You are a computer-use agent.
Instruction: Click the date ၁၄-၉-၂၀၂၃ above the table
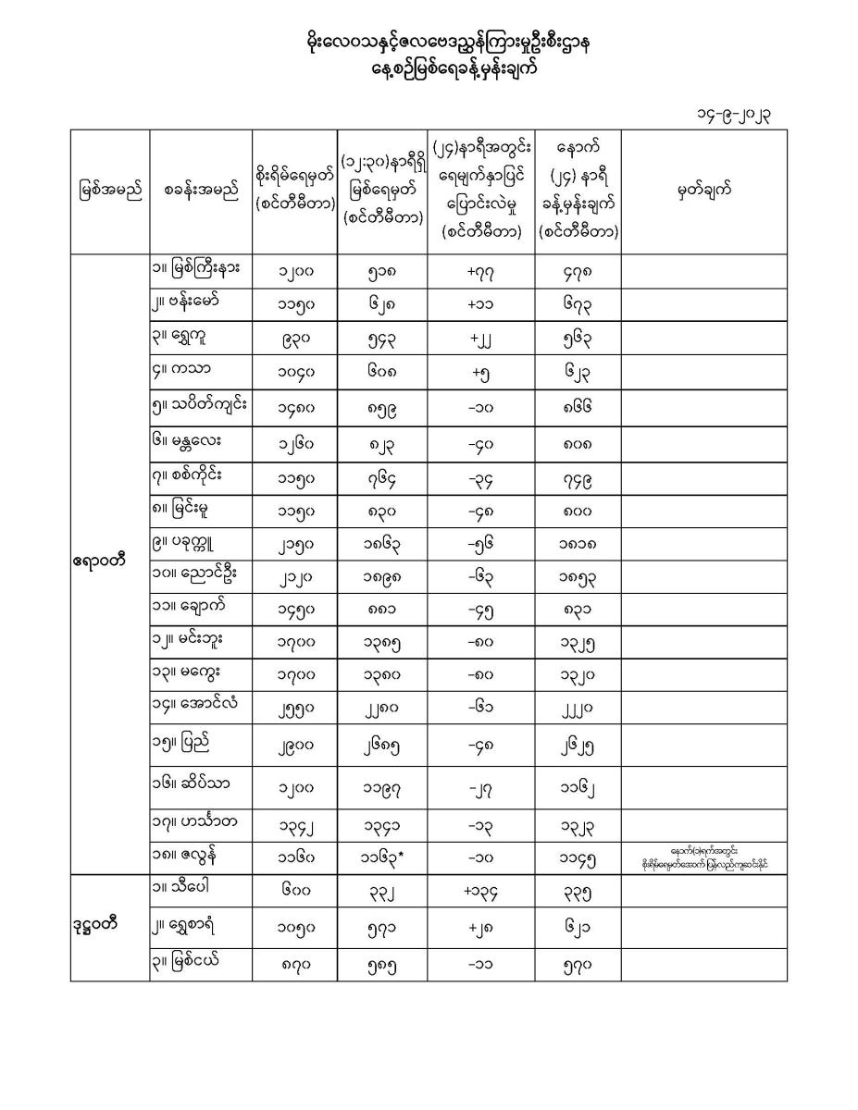pos(735,115)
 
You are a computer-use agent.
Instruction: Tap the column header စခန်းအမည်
pos(200,191)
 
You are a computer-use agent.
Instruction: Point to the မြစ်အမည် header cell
pos(110,191)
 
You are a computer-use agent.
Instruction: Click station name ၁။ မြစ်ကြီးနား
pos(196,269)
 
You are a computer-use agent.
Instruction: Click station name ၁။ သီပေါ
pos(184,890)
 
